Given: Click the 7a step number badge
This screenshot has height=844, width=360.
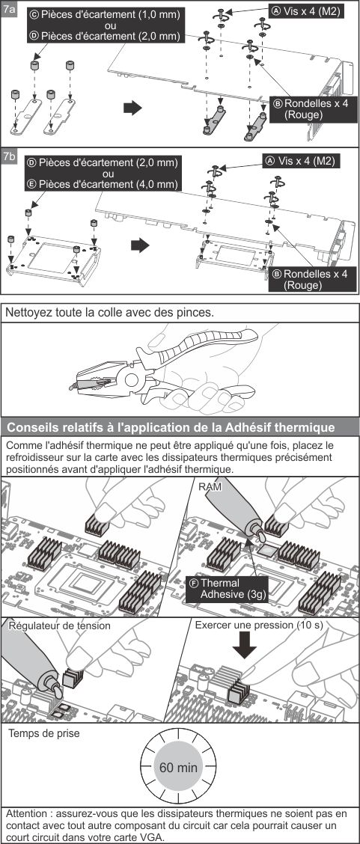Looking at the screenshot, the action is click(x=9, y=9).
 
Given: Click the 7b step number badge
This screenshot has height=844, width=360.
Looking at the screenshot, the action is click(x=9, y=156).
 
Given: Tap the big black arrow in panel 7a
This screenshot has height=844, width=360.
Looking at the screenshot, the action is click(x=132, y=108).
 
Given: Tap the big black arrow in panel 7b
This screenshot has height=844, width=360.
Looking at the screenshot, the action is click(x=140, y=245).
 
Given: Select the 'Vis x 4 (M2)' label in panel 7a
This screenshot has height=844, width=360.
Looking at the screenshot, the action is click(x=305, y=10).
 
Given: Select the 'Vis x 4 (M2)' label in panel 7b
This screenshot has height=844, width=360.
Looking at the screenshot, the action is click(x=302, y=160).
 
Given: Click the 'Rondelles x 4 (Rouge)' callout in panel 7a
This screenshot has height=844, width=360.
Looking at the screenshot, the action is click(x=313, y=108).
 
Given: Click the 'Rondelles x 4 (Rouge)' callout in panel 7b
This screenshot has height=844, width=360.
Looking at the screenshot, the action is click(x=313, y=279).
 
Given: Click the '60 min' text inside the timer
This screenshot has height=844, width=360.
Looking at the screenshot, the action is click(x=178, y=767).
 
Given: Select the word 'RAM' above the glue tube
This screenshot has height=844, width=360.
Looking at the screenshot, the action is click(x=210, y=486).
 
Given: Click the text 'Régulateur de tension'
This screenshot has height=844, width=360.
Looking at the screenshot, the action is click(x=59, y=626).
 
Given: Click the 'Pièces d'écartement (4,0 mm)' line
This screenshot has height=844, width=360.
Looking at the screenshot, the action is click(x=103, y=184).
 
